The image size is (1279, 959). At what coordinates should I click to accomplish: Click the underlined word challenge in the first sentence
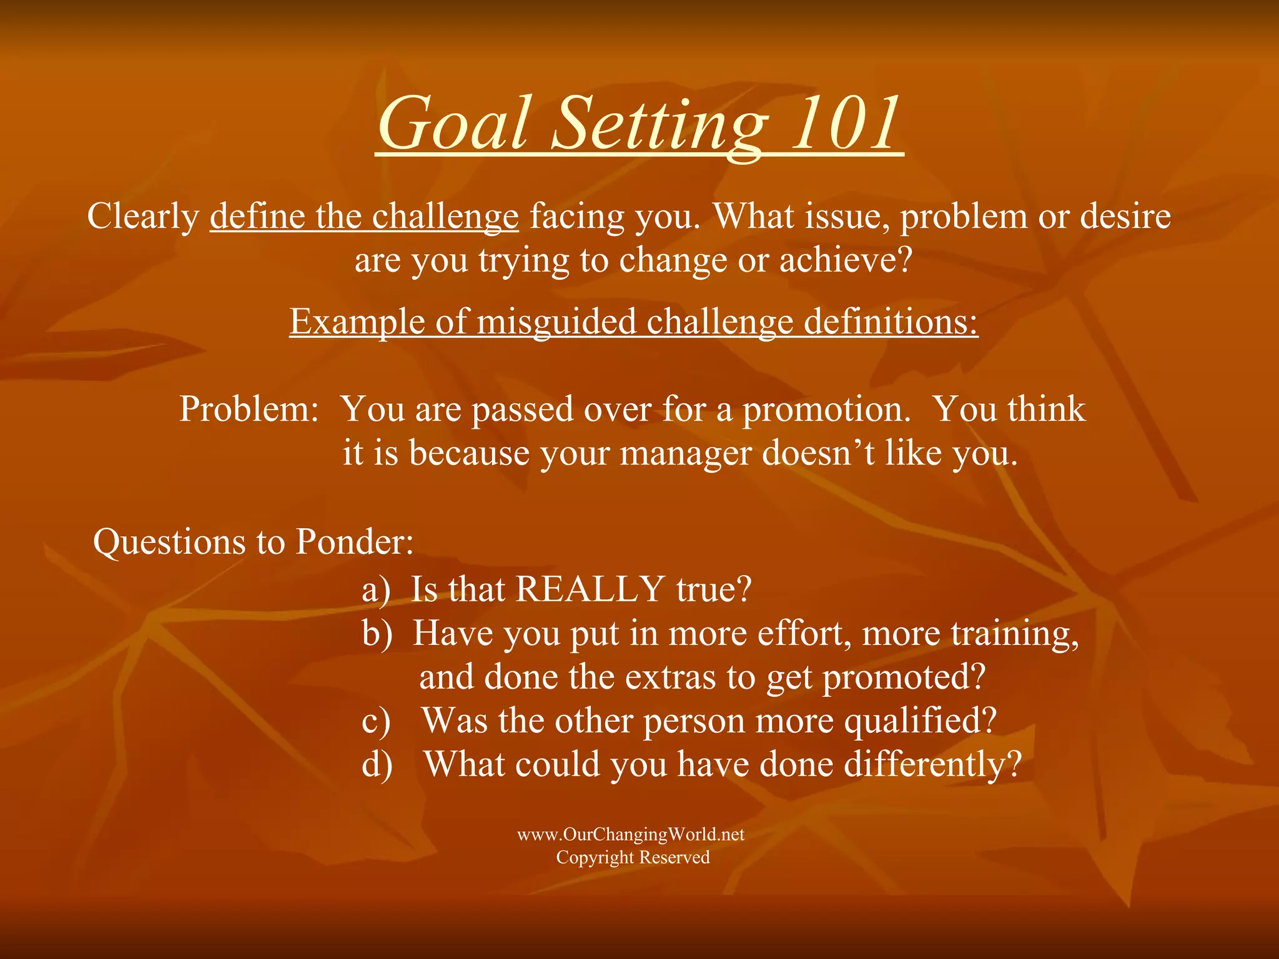click(x=445, y=217)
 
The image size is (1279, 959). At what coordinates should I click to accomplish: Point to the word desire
click(x=1125, y=217)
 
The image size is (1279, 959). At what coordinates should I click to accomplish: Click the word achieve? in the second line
click(x=846, y=260)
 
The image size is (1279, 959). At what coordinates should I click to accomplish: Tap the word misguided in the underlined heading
click(x=557, y=322)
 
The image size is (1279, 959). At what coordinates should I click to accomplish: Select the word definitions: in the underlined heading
click(x=891, y=322)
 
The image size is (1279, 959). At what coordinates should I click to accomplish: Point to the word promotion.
click(x=826, y=411)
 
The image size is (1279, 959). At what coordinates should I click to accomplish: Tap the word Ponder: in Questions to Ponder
click(x=354, y=542)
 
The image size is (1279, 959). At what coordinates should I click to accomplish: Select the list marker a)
click(x=376, y=589)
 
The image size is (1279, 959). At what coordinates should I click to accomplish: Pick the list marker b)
click(x=377, y=633)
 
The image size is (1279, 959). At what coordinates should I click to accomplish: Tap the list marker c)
click(x=376, y=721)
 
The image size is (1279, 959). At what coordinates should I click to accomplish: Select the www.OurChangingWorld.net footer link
click(x=631, y=835)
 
